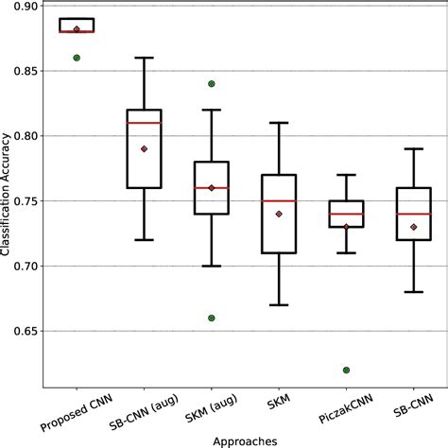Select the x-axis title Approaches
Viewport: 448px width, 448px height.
pos(246,439)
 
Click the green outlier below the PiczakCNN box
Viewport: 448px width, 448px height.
pos(347,370)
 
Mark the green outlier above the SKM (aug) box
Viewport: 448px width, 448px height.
pos(212,83)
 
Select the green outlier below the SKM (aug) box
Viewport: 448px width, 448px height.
pos(212,318)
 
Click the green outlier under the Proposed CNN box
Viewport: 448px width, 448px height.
pos(77,58)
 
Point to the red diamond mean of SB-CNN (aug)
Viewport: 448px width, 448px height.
pos(145,148)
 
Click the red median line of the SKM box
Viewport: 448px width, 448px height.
pos(280,201)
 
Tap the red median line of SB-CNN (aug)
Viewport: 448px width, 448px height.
pos(145,123)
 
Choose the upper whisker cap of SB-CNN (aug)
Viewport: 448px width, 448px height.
pos(145,58)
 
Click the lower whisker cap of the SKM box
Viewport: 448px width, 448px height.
pos(280,305)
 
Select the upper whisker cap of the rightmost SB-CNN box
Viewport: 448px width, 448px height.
pos(414,148)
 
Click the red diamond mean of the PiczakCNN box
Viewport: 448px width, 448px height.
pos(347,227)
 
